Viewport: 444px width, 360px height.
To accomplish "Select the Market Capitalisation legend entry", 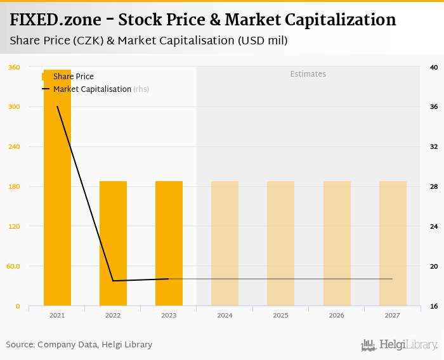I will (92, 89).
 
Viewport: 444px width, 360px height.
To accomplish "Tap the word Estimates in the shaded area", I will (308, 74).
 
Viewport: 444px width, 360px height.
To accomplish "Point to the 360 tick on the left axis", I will (14, 67).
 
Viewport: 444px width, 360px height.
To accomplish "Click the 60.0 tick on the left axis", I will (13, 266).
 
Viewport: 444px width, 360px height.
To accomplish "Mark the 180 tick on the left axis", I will (14, 186).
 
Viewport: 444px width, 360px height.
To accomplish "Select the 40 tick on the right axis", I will (434, 67).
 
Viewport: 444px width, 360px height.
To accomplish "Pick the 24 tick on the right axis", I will (434, 226).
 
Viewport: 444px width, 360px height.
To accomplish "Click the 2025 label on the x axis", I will (280, 315).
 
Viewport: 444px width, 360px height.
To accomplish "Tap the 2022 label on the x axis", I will (113, 315).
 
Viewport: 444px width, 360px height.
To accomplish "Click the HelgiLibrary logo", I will (399, 345).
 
